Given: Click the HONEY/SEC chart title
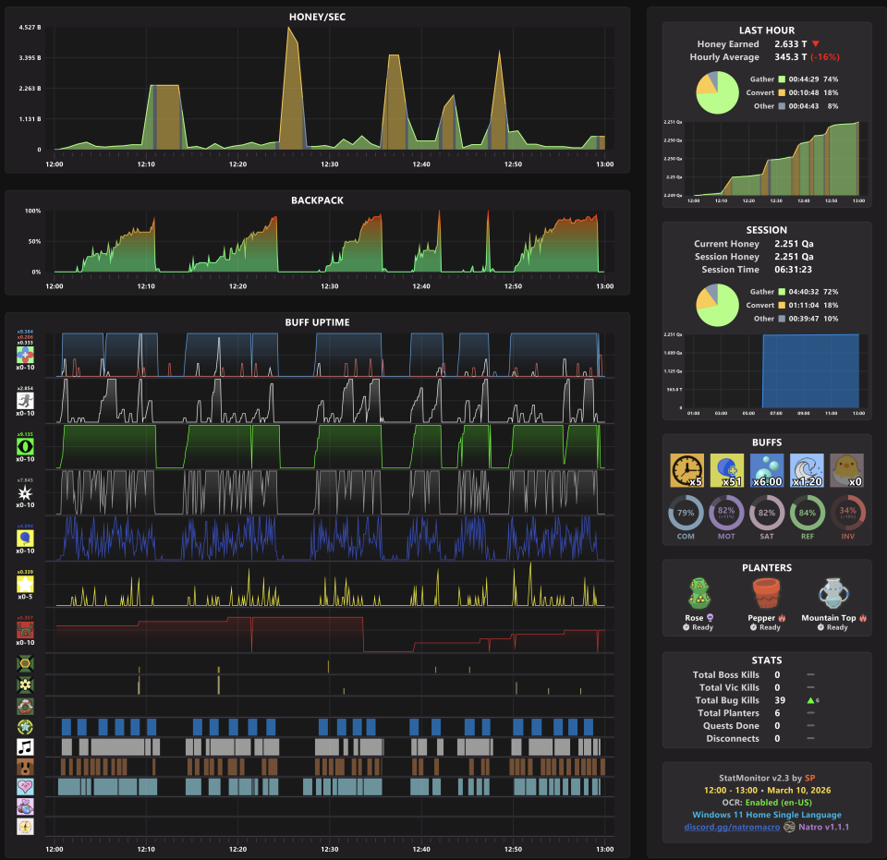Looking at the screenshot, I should click(317, 17).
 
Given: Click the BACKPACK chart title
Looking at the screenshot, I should click(317, 200).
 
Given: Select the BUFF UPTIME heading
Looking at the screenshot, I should click(317, 321).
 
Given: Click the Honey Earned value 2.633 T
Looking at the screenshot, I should click(790, 43).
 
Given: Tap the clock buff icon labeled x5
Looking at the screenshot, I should click(687, 469).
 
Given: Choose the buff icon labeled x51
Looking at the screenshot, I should click(726, 469).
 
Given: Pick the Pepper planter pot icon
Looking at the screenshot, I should click(766, 596).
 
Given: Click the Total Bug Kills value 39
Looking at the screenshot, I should click(777, 700).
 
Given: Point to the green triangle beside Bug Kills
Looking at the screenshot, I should click(809, 700).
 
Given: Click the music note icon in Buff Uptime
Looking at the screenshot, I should click(26, 745).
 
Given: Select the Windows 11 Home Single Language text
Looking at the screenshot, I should click(766, 814).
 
